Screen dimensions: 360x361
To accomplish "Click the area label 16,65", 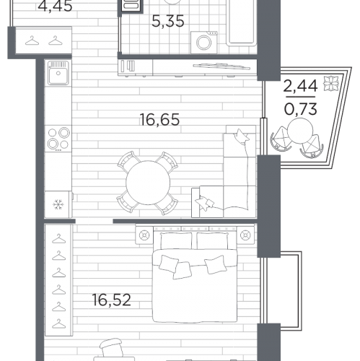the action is click(x=159, y=120).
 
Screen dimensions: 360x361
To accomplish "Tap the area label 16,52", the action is click(x=112, y=300).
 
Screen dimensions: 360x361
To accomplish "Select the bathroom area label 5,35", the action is click(x=168, y=21).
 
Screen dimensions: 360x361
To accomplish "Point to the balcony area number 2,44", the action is click(x=300, y=86).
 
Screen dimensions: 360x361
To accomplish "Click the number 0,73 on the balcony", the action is click(x=301, y=109).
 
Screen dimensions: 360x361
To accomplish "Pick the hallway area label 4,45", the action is click(x=55, y=6).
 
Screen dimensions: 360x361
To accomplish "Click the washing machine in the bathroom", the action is click(x=204, y=43).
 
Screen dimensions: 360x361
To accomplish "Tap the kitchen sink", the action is click(x=58, y=73).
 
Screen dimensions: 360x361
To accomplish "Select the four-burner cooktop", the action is click(x=58, y=139).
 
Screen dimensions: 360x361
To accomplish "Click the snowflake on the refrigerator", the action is click(x=58, y=204).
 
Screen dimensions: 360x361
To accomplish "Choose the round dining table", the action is click(x=148, y=183).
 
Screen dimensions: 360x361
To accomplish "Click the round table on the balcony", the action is click(x=300, y=132).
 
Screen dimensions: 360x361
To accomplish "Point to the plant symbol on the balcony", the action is click(x=330, y=84).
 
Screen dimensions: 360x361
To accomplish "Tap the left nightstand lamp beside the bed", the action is click(x=144, y=235).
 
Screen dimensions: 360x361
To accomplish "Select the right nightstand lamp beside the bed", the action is click(x=245, y=235).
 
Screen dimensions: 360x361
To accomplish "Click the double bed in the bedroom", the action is click(x=195, y=274).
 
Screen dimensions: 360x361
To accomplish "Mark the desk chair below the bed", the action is click(x=111, y=349).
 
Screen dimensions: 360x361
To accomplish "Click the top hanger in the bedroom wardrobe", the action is click(x=59, y=239).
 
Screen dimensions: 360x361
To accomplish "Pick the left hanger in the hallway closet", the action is click(x=32, y=40).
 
